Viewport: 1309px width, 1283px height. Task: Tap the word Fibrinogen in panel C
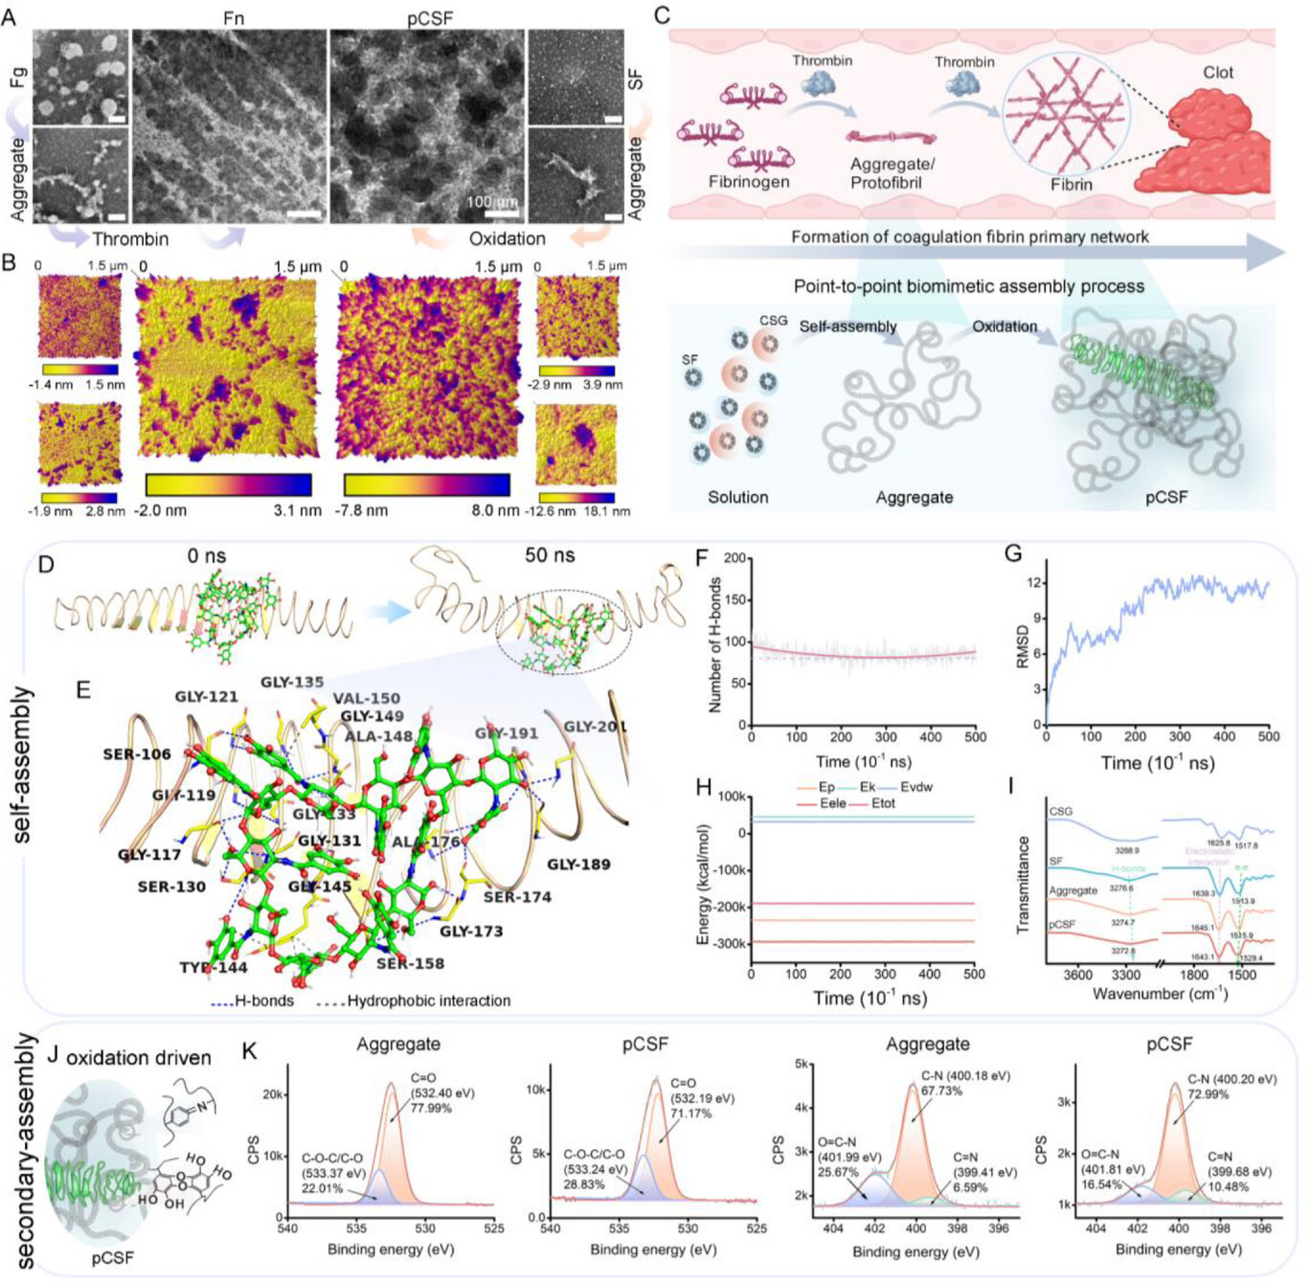[x=749, y=182]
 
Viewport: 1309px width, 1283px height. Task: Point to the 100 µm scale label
[x=492, y=202]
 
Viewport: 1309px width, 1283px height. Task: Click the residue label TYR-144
[x=213, y=967]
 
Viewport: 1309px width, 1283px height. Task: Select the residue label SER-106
[x=137, y=754]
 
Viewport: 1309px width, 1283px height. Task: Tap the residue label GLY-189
[x=578, y=864]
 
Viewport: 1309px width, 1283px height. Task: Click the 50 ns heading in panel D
[x=550, y=555]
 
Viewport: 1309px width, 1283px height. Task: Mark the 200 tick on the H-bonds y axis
[x=735, y=558]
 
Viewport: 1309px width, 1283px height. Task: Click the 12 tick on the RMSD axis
[x=1033, y=582]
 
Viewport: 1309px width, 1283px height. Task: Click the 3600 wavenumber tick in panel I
[x=1077, y=975]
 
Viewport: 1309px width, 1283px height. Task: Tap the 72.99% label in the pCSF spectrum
[x=1208, y=1093]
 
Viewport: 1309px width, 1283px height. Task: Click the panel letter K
[x=249, y=1051]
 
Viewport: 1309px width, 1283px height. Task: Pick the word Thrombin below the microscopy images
[x=130, y=239]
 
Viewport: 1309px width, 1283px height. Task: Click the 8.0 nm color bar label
[x=495, y=510]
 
